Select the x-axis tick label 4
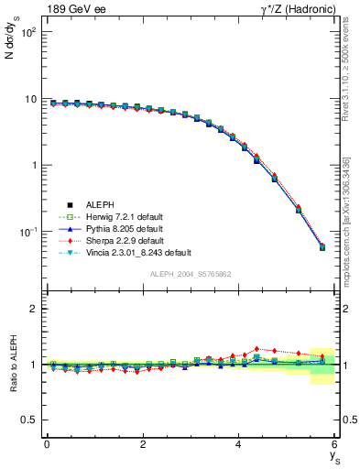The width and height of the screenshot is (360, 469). pyautogui.click(x=239, y=444)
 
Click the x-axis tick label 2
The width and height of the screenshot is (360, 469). pyautogui.click(x=143, y=444)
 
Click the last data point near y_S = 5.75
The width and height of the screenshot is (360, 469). pyautogui.click(x=322, y=247)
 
